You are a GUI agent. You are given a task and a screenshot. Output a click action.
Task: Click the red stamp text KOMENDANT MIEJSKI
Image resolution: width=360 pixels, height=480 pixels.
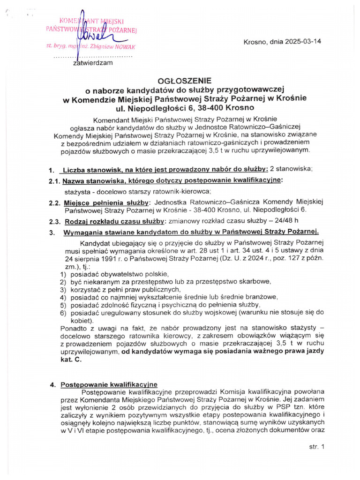tap(90, 21)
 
